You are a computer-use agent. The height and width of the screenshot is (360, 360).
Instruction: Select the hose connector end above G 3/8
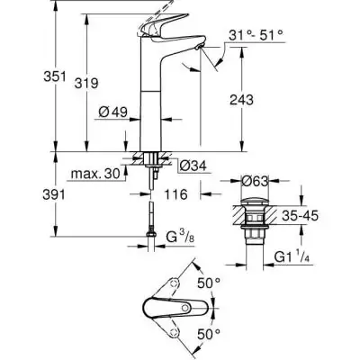coord(149,236)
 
